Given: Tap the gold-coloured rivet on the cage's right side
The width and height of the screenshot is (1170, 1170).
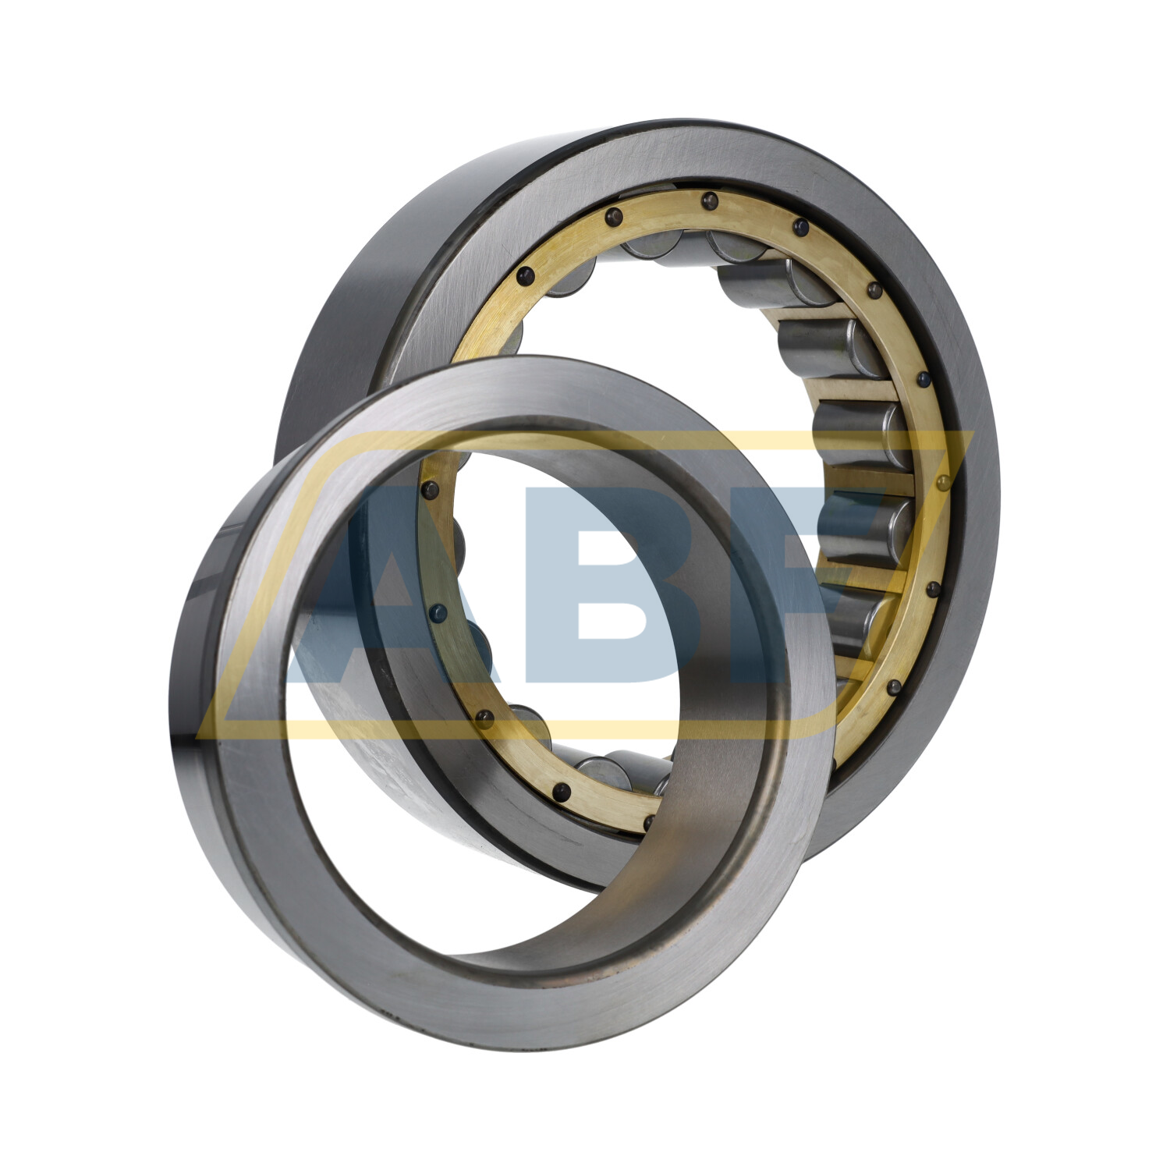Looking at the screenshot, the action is click(x=943, y=484).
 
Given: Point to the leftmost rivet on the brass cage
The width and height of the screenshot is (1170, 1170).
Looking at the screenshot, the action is click(x=427, y=490).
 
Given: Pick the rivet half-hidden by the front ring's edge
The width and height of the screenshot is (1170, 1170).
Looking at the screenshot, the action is click(x=649, y=823).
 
